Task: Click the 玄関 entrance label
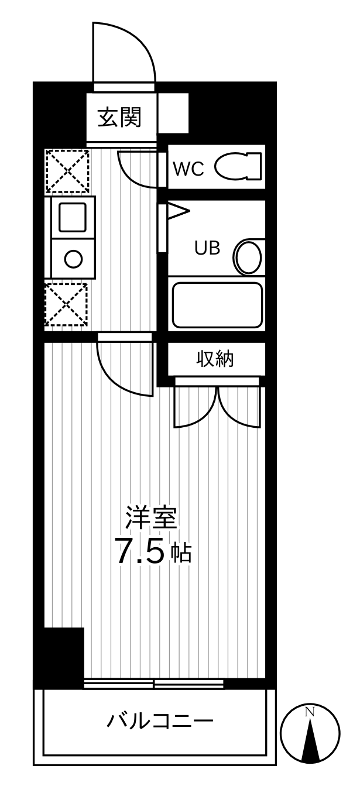click(x=119, y=117)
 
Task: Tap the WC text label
click(x=188, y=169)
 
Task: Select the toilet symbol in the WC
click(x=238, y=166)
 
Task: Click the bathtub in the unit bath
click(x=217, y=305)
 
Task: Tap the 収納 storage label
click(x=215, y=359)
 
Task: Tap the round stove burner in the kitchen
click(x=73, y=259)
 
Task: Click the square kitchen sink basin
click(x=73, y=217)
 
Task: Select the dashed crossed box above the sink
click(x=67, y=171)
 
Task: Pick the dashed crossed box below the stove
click(x=66, y=304)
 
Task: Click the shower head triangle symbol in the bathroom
click(x=179, y=211)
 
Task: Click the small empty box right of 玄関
click(x=173, y=114)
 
